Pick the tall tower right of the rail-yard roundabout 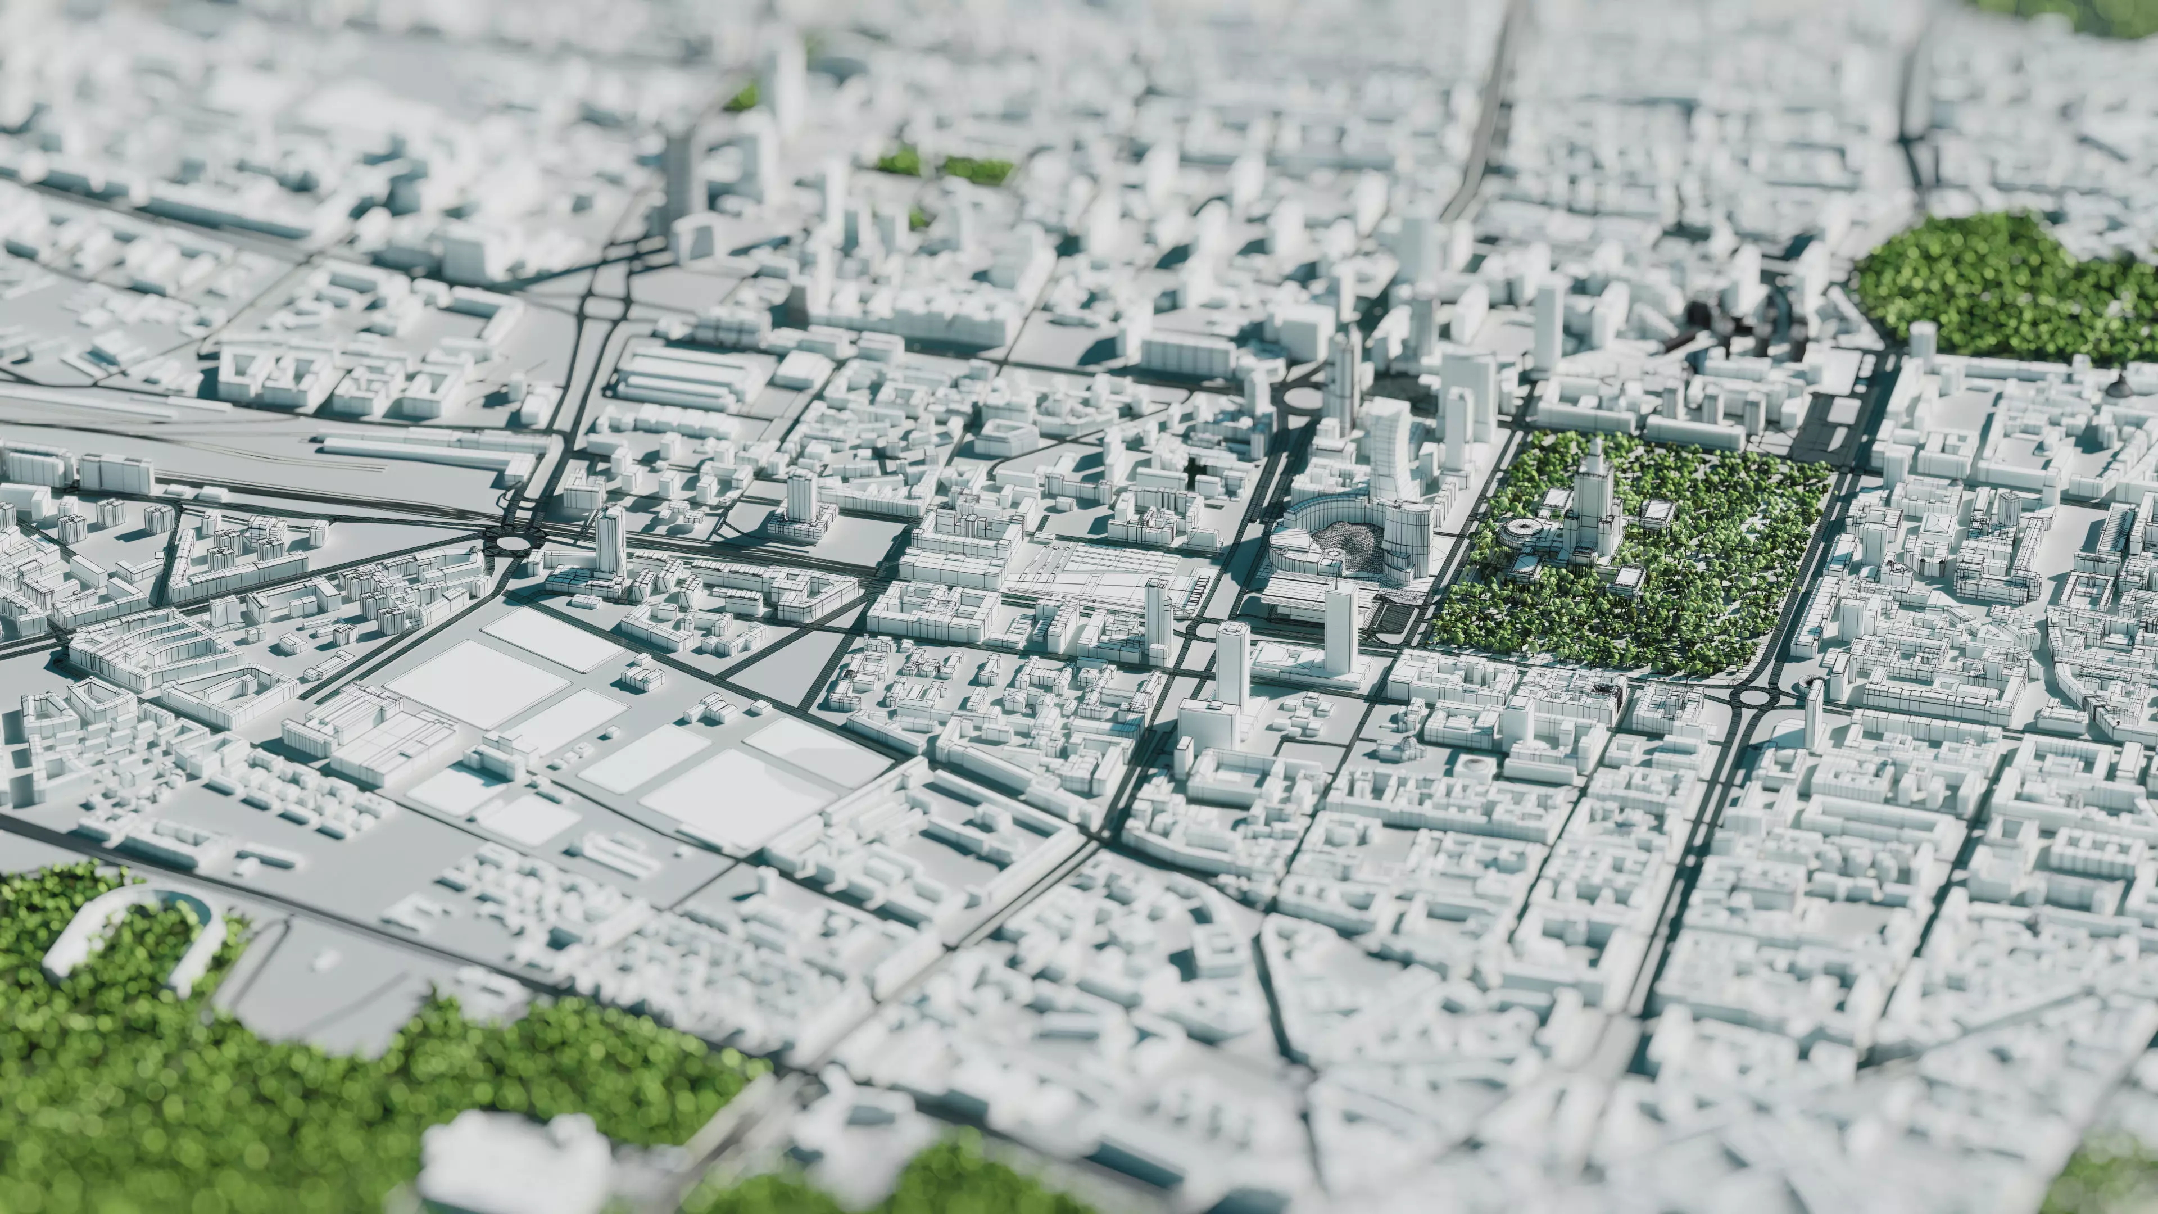pos(610,540)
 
